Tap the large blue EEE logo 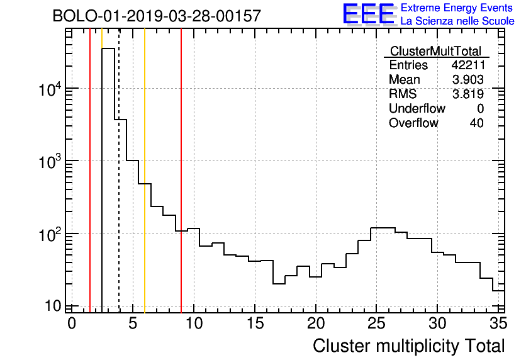pyautogui.click(x=369, y=14)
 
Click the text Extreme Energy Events pyautogui.click(x=457, y=8)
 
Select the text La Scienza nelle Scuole pyautogui.click(x=457, y=21)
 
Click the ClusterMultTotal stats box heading pyautogui.click(x=435, y=52)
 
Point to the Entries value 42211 pyautogui.click(x=467, y=65)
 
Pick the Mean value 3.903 pyautogui.click(x=467, y=80)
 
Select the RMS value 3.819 pyautogui.click(x=467, y=94)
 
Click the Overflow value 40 pyautogui.click(x=476, y=123)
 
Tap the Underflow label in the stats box pyautogui.click(x=417, y=109)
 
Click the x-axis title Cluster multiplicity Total pyautogui.click(x=408, y=346)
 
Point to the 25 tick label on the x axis pyautogui.click(x=376, y=323)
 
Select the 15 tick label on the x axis pyautogui.click(x=254, y=323)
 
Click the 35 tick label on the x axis pyautogui.click(x=498, y=323)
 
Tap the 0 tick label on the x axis pyautogui.click(x=72, y=323)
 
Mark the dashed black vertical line pyautogui.click(x=119, y=189)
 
